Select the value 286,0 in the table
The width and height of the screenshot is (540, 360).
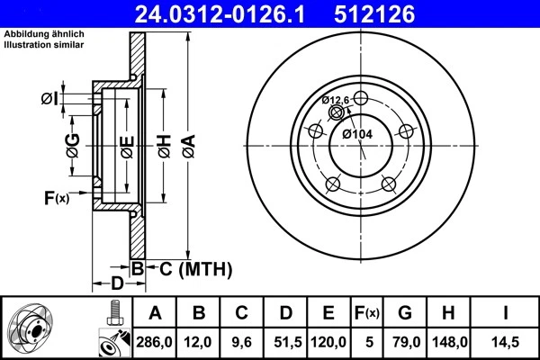point(155,342)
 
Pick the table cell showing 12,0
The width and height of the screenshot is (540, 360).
point(200,342)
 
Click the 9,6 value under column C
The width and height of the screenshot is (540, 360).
point(242,342)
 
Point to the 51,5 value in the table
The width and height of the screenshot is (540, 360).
point(285,342)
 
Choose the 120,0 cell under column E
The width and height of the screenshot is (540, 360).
point(329,342)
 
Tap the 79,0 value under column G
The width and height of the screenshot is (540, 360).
point(405,342)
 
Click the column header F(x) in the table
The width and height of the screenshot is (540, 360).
point(367,313)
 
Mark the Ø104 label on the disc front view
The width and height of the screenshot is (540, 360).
point(356,134)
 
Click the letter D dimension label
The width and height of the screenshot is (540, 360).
point(117,283)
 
